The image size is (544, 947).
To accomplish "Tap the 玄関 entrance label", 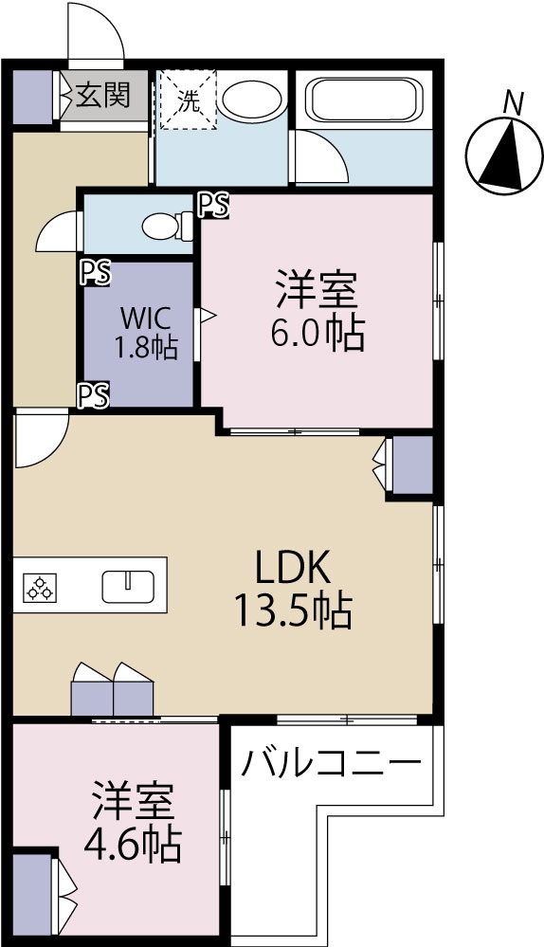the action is [x=103, y=96].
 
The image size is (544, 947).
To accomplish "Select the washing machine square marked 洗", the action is [x=187, y=100].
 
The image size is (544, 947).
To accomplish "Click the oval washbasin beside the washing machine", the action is [x=251, y=100].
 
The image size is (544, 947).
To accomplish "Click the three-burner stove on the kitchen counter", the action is [x=40, y=587].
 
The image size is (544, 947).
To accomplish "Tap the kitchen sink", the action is [x=128, y=587].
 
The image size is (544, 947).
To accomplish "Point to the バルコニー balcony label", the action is [x=330, y=763].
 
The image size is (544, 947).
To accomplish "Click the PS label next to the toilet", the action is [x=214, y=206].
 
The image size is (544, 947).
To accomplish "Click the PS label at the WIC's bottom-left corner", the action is [x=95, y=395].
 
